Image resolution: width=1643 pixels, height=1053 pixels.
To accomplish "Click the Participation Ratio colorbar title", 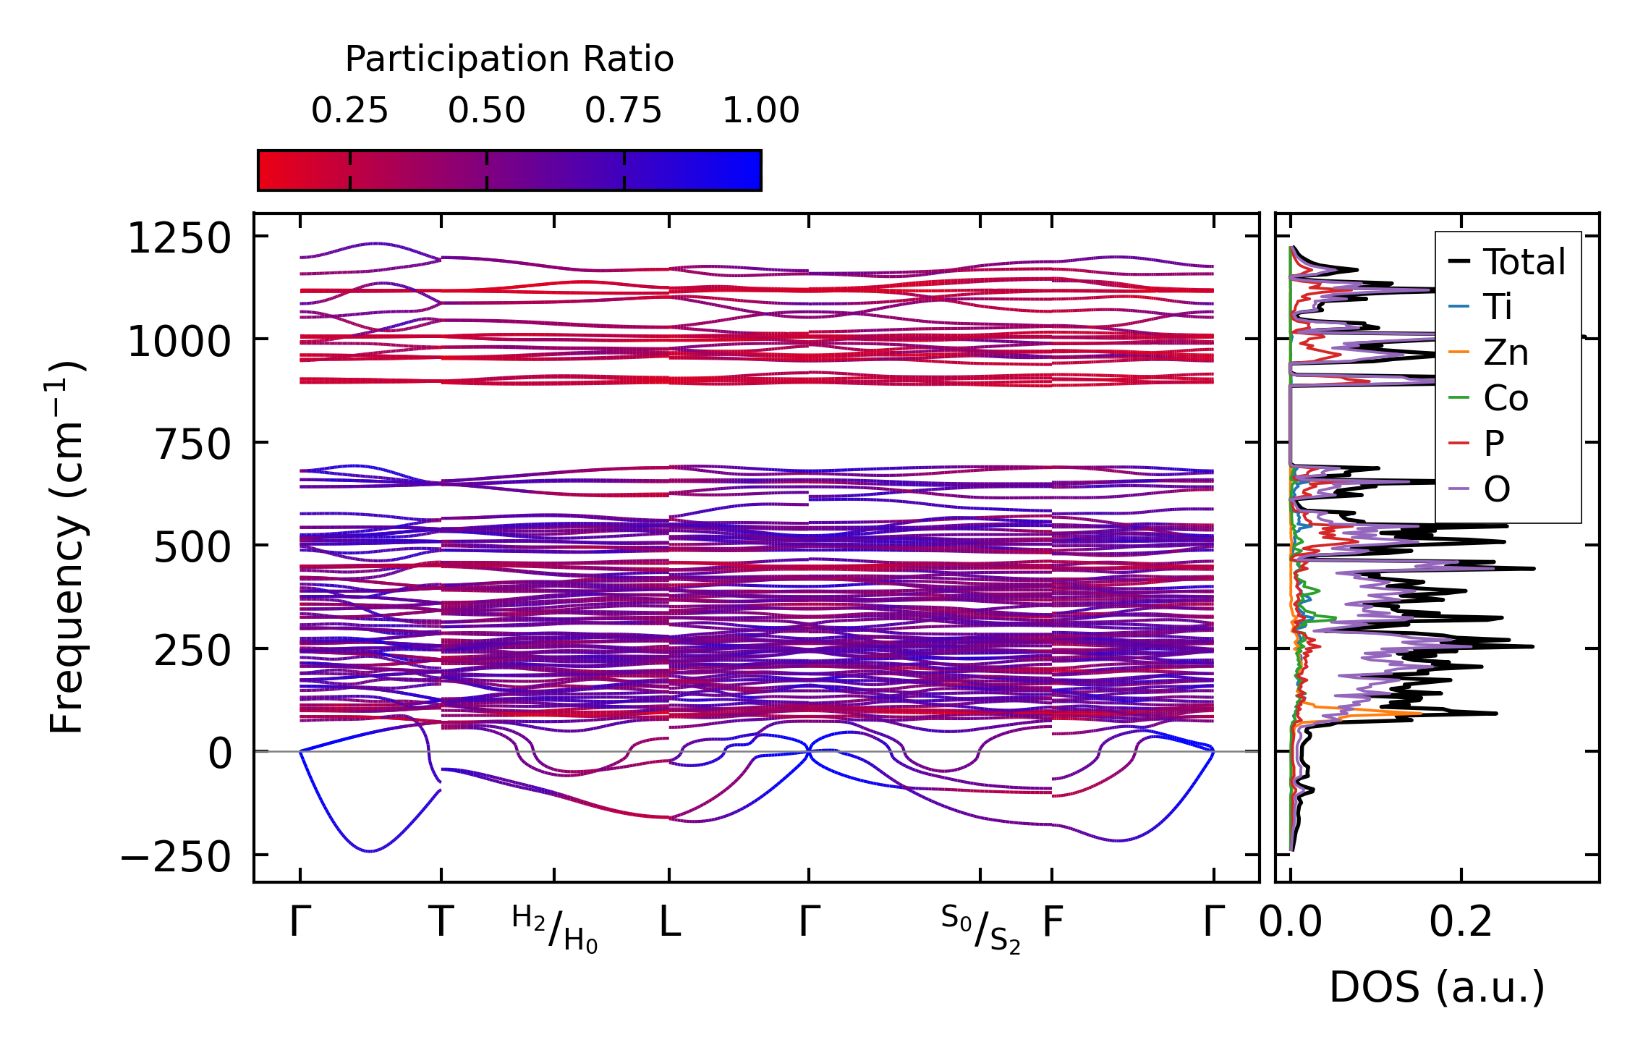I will (x=509, y=59).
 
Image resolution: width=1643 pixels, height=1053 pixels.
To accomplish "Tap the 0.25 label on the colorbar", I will (x=349, y=111).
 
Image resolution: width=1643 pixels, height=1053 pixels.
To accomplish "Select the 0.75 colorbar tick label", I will (x=623, y=111).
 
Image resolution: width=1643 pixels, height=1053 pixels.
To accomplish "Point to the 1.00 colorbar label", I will (x=760, y=111).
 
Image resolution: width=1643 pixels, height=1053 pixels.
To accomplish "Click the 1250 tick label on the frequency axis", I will (x=179, y=239).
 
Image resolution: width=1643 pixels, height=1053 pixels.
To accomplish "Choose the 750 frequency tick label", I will (x=192, y=444).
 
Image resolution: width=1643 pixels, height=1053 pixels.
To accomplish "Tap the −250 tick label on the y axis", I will (x=176, y=859).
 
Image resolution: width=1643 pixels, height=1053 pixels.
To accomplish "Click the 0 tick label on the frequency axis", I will (x=220, y=754).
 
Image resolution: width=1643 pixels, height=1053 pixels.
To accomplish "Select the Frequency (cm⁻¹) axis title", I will (x=67, y=547).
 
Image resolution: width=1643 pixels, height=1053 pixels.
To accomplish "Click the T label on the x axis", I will (x=441, y=923).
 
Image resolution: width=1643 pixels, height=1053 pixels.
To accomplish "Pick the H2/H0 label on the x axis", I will (x=555, y=929).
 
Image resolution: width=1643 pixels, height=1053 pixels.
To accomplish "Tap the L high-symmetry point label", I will (x=669, y=923).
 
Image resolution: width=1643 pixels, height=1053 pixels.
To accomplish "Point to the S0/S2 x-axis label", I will (x=980, y=929).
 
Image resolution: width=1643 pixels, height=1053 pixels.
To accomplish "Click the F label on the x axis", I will (x=1052, y=923).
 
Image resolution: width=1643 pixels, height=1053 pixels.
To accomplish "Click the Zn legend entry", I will (x=1506, y=353).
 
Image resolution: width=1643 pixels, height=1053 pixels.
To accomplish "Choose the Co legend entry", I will (x=1506, y=398).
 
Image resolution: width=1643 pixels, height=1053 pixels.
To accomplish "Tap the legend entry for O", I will (x=1496, y=490).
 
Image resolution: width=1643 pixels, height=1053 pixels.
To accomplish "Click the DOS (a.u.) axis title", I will (x=1437, y=987).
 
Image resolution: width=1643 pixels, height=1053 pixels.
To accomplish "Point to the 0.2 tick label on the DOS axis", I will (x=1461, y=923).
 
